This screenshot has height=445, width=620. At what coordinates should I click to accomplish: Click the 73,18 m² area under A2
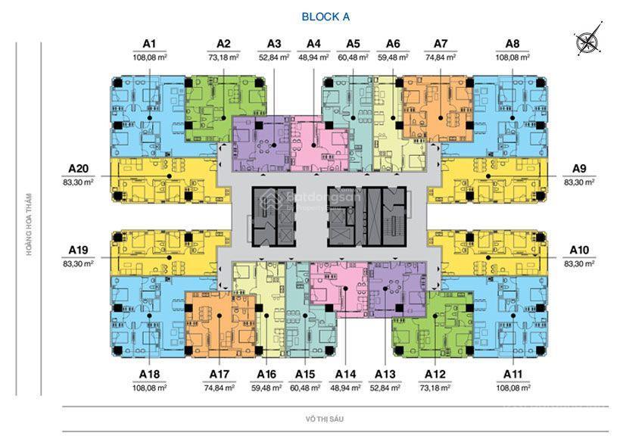coord(223,57)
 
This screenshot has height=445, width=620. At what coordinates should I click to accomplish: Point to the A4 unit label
coord(313,44)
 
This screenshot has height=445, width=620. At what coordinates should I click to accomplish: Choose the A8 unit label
coord(513,44)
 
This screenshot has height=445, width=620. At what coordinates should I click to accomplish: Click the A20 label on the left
coord(79,169)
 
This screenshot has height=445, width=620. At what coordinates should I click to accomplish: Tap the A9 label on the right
coord(579,169)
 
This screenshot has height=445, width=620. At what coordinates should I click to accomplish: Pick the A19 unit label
coord(79,250)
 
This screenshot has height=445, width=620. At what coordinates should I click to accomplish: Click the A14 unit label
coord(345,374)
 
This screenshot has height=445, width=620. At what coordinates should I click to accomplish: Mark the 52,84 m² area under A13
coord(385,387)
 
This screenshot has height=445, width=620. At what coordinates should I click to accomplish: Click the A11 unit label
coord(513,374)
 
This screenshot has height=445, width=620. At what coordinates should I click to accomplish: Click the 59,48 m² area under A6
coord(393,57)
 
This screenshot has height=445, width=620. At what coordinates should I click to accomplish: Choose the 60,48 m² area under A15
coord(305,387)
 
